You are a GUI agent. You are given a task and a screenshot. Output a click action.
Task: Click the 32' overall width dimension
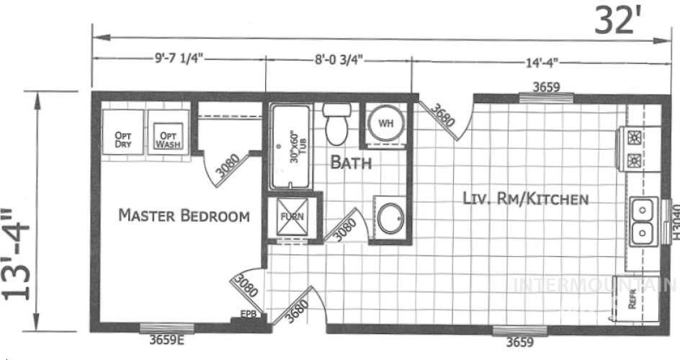tap(617, 20)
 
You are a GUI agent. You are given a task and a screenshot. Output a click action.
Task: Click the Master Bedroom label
tap(184, 215)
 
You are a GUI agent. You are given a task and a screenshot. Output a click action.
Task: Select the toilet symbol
tap(336, 125)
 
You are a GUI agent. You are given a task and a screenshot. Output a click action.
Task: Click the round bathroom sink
tap(391, 218)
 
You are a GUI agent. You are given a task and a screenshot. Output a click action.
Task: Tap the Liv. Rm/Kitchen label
tap(526, 199)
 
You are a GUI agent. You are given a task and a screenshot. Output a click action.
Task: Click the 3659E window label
tap(166, 341)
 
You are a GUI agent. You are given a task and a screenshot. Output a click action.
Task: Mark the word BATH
tap(351, 163)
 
